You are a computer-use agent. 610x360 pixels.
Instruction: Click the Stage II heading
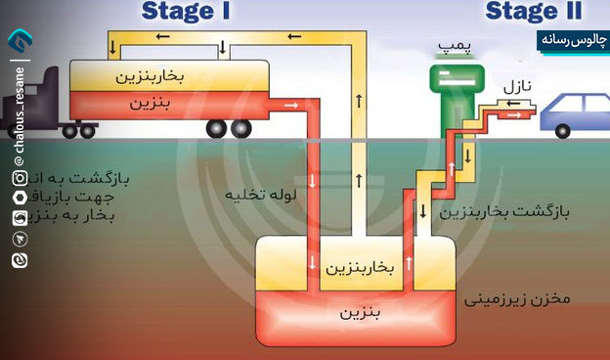click(x=533, y=12)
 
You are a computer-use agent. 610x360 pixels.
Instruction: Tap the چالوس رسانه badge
click(x=571, y=40)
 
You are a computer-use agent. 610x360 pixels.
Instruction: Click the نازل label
click(x=518, y=88)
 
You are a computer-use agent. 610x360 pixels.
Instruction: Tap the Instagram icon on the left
click(x=20, y=178)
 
